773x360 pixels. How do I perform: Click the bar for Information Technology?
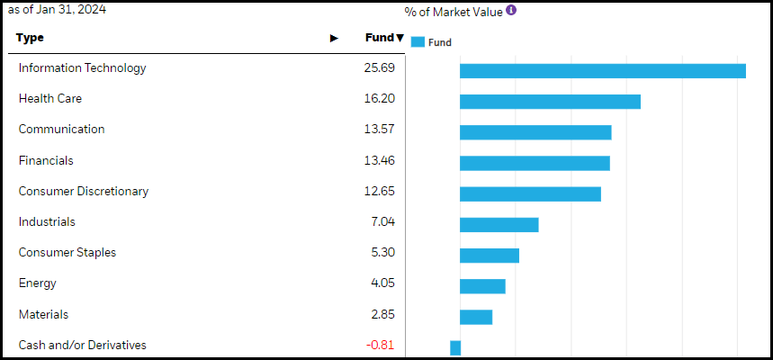602,71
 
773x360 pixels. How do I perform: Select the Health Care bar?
550,102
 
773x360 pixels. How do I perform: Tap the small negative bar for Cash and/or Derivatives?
455,347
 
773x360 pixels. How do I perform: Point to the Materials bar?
476,317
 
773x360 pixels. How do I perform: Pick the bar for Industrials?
499,225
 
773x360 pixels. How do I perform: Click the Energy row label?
38,283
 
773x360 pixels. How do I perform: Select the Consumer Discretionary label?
84,191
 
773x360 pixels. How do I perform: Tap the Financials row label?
46,160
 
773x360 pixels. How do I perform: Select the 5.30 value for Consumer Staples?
382,253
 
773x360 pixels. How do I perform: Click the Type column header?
30,38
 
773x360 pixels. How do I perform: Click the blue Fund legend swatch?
418,41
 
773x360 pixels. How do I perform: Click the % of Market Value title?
454,12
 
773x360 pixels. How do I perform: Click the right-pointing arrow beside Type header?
334,38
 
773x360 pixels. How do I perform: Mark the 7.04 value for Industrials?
382,222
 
